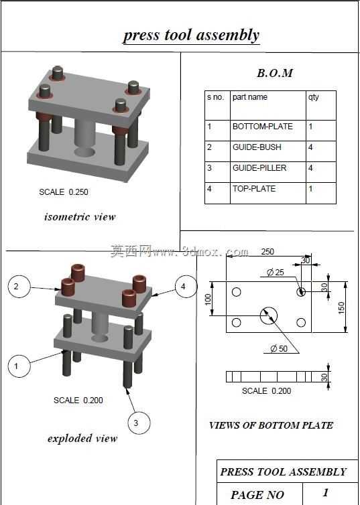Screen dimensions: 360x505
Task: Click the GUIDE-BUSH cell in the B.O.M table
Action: pyautogui.click(x=268, y=151)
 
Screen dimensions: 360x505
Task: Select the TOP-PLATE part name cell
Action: pyautogui.click(x=268, y=193)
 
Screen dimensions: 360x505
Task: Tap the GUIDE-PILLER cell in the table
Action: pyautogui.click(x=268, y=172)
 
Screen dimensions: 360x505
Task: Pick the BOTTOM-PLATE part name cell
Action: pyautogui.click(x=268, y=131)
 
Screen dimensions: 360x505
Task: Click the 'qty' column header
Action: pyautogui.click(x=320, y=105)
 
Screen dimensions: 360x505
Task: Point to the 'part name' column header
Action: pyautogui.click(x=268, y=105)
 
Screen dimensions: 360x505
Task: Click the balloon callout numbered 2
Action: pyautogui.click(x=19, y=286)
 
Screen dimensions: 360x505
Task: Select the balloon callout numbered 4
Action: pyautogui.click(x=186, y=286)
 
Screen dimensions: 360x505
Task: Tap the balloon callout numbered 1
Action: pyautogui.click(x=19, y=366)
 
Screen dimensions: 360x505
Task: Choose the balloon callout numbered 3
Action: pyautogui.click(x=139, y=423)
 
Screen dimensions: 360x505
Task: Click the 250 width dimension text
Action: pyautogui.click(x=267, y=252)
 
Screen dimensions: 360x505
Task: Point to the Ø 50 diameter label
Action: pyautogui.click(x=279, y=348)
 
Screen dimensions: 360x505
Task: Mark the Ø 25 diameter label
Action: pyautogui.click(x=276, y=273)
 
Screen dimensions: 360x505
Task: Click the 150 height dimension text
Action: pyautogui.click(x=341, y=307)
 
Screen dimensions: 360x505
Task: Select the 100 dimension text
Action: pyautogui.click(x=208, y=299)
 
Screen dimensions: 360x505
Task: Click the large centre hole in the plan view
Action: pyautogui.click(x=268, y=315)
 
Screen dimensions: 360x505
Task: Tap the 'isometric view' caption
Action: pyautogui.click(x=80, y=217)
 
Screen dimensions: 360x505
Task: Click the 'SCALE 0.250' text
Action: pyautogui.click(x=64, y=192)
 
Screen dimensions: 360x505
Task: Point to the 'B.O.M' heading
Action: pyautogui.click(x=275, y=73)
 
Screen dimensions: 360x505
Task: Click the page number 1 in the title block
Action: pyautogui.click(x=326, y=492)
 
